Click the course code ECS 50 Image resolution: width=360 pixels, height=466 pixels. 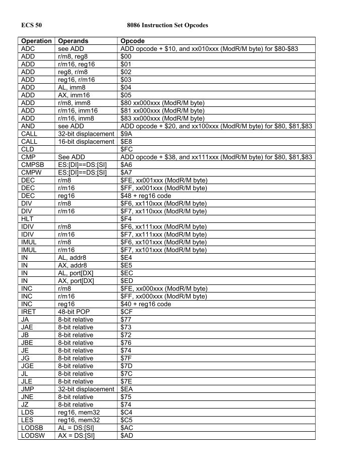[x=31, y=25]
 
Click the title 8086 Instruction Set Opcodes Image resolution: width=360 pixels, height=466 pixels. [x=168, y=25]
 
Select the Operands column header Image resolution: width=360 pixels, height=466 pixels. [x=73, y=41]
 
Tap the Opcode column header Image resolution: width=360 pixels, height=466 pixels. [x=133, y=41]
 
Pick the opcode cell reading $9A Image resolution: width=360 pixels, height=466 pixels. [x=126, y=134]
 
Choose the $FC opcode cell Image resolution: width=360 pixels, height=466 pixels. [x=126, y=149]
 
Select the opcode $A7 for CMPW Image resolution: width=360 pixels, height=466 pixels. [x=126, y=172]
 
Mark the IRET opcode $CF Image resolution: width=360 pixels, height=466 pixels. [x=126, y=312]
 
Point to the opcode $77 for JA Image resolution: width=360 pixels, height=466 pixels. [x=126, y=319]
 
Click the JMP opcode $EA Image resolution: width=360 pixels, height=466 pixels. [x=126, y=389]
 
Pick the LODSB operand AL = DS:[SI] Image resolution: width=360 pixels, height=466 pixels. [x=76, y=428]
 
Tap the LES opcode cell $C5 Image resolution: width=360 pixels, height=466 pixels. [x=126, y=420]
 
